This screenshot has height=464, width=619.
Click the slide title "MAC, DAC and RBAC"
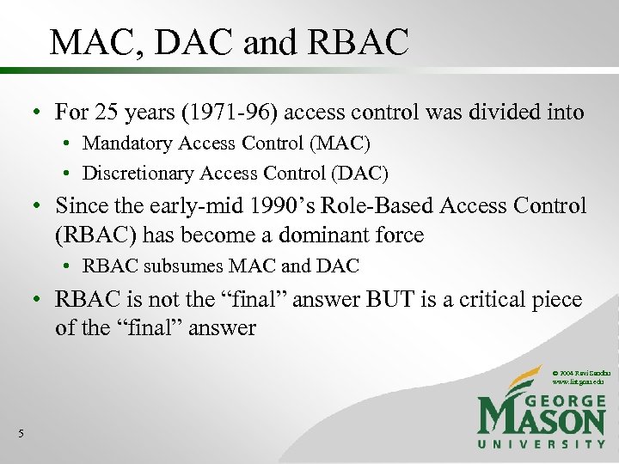pos(229,42)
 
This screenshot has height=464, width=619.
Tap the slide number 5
pos(20,433)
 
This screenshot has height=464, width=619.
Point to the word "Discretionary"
pos(138,173)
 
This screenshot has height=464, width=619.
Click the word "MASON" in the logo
pos(542,418)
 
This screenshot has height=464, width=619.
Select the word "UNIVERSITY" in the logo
pos(542,444)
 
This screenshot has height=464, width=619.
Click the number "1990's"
pos(259,206)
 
